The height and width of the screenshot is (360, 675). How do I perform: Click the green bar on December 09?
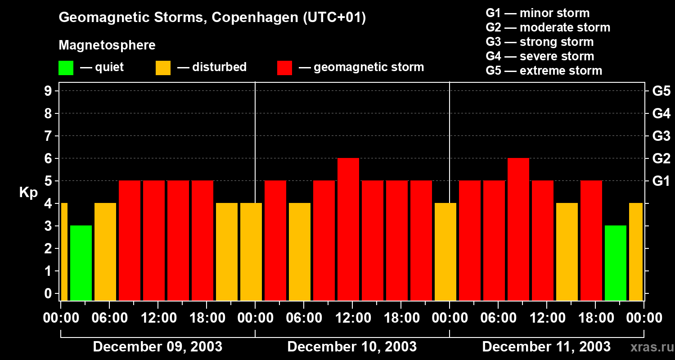click(x=81, y=263)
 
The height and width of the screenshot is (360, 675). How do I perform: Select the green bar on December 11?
click(x=616, y=263)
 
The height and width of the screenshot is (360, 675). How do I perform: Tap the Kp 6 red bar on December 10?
click(x=348, y=229)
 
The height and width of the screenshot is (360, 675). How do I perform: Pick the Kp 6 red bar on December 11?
click(x=518, y=229)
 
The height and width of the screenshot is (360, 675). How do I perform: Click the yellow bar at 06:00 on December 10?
click(x=300, y=252)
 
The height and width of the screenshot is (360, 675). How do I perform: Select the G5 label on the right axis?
click(x=661, y=91)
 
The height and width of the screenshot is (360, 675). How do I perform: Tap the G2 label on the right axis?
click(x=661, y=159)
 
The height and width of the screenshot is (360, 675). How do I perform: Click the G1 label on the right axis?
click(x=661, y=181)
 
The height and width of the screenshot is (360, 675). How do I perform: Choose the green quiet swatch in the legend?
click(x=66, y=68)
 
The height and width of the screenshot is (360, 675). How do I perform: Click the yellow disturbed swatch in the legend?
click(x=163, y=68)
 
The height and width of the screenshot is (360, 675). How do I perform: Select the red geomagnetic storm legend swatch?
click(x=285, y=68)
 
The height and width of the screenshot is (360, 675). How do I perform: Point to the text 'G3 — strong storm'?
click(x=540, y=42)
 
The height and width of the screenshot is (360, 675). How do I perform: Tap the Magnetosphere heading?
click(x=107, y=45)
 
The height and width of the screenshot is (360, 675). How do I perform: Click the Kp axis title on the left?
click(x=28, y=193)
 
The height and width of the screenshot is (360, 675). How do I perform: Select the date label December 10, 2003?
click(x=352, y=347)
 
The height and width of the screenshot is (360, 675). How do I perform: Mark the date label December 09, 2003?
click(x=157, y=347)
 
